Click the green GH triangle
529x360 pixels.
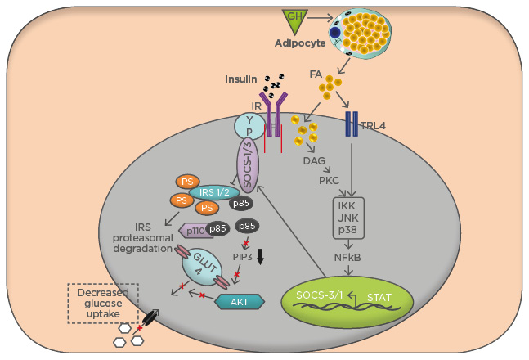[x=294, y=18]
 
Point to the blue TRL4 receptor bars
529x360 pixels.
[x=352, y=124]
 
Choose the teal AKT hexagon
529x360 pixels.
[x=240, y=301]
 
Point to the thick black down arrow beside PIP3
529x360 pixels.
[x=261, y=256]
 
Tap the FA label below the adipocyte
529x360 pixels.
[x=316, y=74]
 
